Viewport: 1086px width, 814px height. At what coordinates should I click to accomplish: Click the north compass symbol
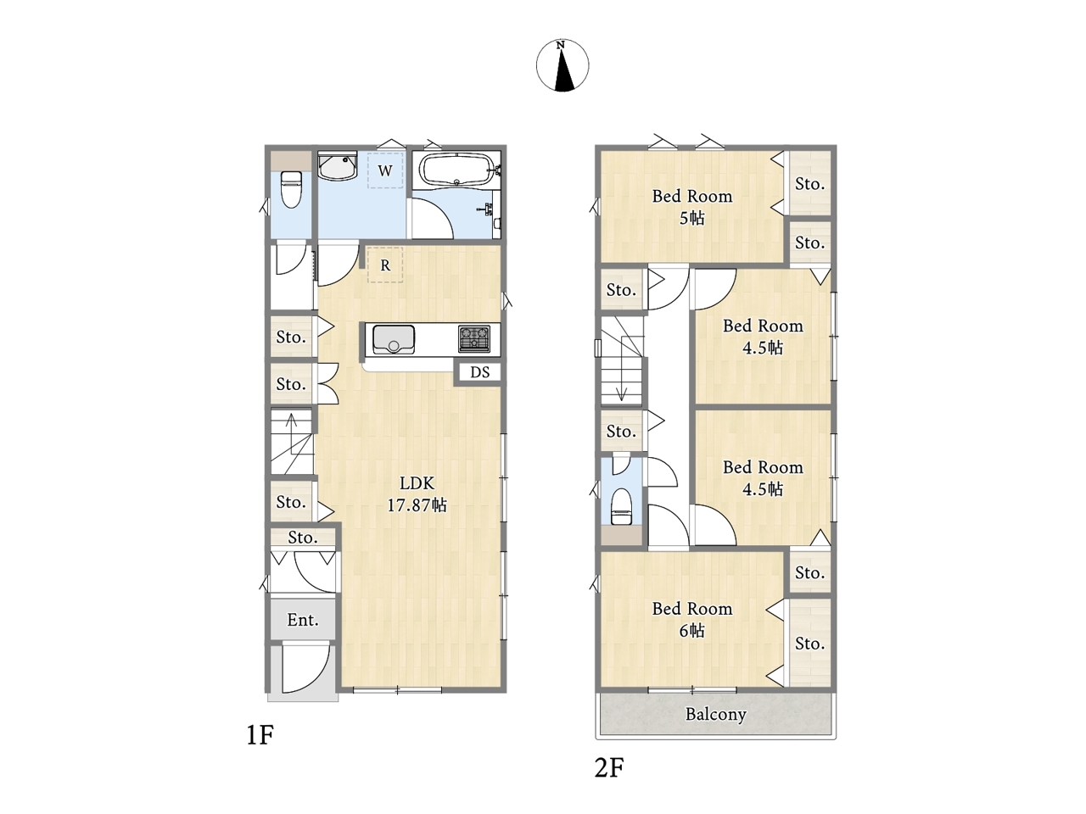pos(562,65)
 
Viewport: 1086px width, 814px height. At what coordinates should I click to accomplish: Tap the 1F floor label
pos(260,735)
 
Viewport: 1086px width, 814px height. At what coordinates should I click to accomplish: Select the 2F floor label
pos(609,767)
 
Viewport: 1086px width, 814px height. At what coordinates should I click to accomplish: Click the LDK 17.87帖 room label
pos(417,493)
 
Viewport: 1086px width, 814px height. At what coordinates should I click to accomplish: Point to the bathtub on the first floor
pos(456,169)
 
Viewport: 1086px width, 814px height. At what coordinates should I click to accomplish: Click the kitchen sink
pos(394,339)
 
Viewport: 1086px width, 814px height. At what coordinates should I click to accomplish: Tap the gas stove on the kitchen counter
pos(474,338)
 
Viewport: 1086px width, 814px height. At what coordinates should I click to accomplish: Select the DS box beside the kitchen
pos(479,372)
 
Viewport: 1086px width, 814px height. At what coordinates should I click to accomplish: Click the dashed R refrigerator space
pos(385,265)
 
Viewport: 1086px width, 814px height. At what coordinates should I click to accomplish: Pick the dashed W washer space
pos(385,170)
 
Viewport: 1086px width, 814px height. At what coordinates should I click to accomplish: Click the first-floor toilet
pos(291,189)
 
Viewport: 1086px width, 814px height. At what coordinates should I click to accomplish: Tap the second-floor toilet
pos(621,506)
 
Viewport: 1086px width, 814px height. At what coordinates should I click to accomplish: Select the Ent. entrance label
pos(303,620)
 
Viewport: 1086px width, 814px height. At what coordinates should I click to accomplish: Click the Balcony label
pos(715,714)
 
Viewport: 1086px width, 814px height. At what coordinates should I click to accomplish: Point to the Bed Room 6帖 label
pos(692,619)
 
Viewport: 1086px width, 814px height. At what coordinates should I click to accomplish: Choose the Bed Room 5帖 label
pos(692,207)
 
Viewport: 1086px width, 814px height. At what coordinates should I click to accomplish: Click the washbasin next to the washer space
pos(338,166)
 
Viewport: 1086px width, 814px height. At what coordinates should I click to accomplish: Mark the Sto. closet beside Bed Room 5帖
pos(810,183)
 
